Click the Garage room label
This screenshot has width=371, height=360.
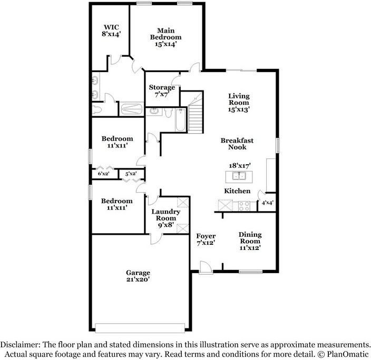(x=138, y=276)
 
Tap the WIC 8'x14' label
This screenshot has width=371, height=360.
(x=111, y=31)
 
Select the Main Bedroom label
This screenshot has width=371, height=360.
(x=165, y=37)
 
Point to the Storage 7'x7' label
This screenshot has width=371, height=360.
(x=162, y=91)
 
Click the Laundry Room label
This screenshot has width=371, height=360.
(x=165, y=218)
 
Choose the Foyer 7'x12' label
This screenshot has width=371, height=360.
(x=206, y=239)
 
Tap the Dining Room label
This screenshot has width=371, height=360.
(x=250, y=241)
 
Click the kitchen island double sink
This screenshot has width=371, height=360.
(x=239, y=176)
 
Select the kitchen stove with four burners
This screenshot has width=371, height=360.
(x=244, y=206)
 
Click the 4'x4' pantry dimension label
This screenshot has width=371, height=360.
(x=267, y=203)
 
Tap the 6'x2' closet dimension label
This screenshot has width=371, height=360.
(x=104, y=174)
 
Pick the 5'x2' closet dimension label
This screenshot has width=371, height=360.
(x=131, y=174)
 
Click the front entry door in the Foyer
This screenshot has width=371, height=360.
(x=206, y=267)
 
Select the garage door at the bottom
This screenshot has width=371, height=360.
(x=140, y=328)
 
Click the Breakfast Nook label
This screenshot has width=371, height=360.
(x=237, y=144)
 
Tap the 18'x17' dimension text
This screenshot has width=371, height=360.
(x=239, y=165)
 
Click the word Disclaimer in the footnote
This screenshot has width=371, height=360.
(x=20, y=344)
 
